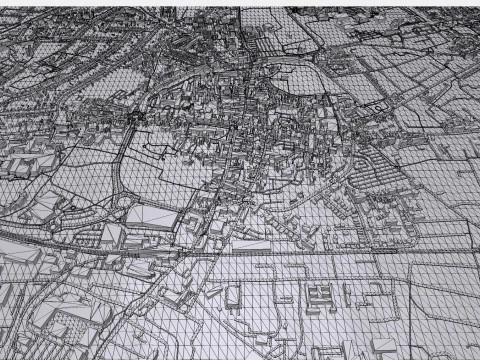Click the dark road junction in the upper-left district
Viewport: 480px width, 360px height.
[135, 121]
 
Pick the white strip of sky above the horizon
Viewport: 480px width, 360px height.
[240, 3]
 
